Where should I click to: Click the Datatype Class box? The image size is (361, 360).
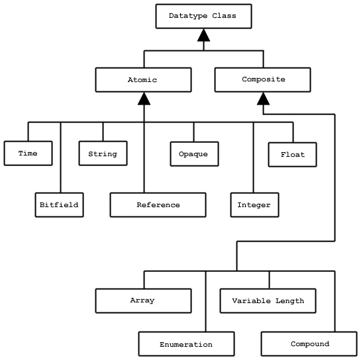(203, 16)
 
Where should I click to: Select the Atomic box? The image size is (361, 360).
(143, 79)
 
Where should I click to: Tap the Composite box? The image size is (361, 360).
(262, 79)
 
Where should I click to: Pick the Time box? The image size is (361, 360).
(28, 154)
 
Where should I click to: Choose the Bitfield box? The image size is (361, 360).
(59, 204)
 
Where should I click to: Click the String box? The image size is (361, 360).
(103, 154)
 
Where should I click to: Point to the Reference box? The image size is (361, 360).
(158, 204)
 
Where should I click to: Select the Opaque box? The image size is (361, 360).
(194, 154)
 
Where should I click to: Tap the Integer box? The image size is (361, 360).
(254, 204)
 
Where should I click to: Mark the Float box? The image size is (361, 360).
(292, 155)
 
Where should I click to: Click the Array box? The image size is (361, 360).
(143, 300)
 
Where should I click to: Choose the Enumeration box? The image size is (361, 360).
(187, 343)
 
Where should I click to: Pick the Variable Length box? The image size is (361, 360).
(268, 300)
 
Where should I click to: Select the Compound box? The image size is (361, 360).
(309, 343)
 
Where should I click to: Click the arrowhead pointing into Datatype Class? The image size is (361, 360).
(203, 35)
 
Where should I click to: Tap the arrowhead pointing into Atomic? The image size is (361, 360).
(144, 99)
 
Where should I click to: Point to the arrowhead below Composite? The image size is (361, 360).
(263, 99)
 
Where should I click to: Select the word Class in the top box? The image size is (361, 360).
(224, 16)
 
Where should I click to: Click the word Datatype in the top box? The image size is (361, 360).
(188, 16)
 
